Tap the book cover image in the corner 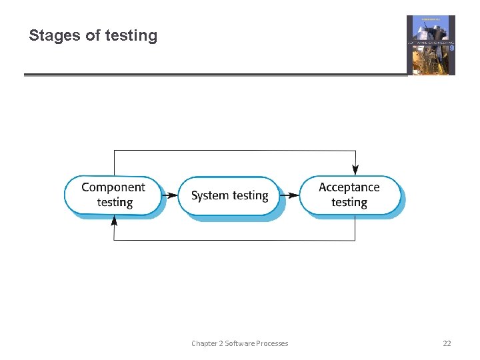pyautogui.click(x=431, y=45)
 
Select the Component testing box pyautogui.click(x=113, y=195)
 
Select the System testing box pyautogui.click(x=229, y=195)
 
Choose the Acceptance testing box pyautogui.click(x=349, y=195)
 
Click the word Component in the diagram pyautogui.click(x=113, y=187)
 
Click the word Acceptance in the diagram pyautogui.click(x=349, y=187)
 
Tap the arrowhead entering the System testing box pyautogui.click(x=173, y=195)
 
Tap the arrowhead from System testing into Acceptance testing pyautogui.click(x=293, y=195)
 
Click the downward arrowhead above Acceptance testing pyautogui.click(x=355, y=170)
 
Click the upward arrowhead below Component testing pyautogui.click(x=114, y=221)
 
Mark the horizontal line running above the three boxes pyautogui.click(x=233, y=151)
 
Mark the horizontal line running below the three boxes pyautogui.click(x=233, y=240)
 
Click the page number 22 pyautogui.click(x=447, y=343)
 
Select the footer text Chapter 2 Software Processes pyautogui.click(x=240, y=343)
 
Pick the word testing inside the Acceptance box pyautogui.click(x=349, y=203)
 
